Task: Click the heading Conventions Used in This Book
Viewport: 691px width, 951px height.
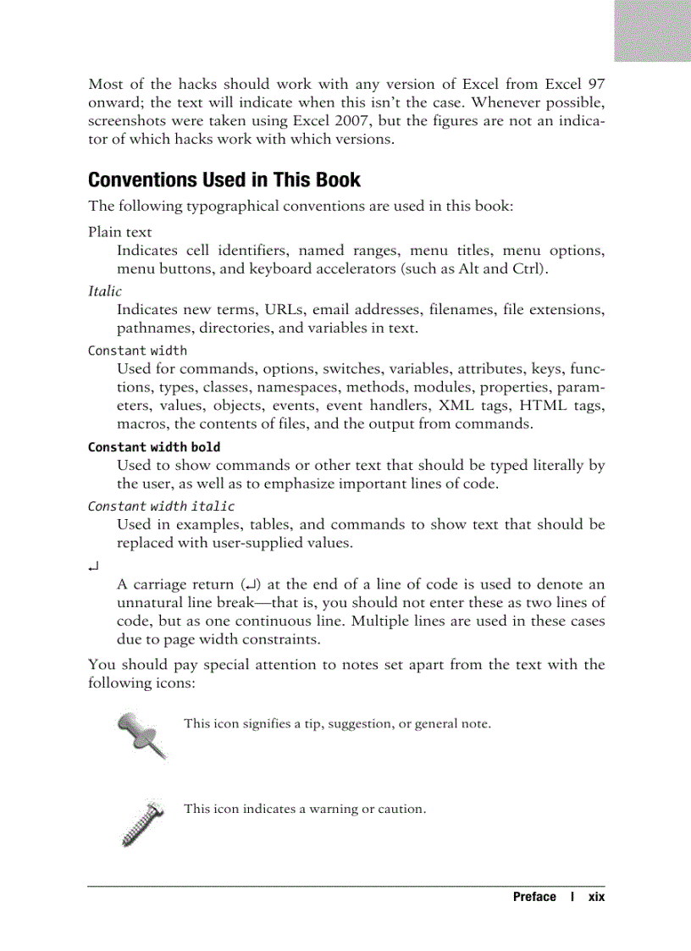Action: [224, 180]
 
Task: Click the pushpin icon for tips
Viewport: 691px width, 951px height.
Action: [141, 733]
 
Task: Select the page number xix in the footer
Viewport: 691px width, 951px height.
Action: [596, 897]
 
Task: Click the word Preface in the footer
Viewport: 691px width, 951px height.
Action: [534, 897]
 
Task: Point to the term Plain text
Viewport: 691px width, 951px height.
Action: [119, 232]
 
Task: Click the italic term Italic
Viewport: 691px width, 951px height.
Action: [104, 291]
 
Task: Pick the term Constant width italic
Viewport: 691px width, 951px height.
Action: [161, 506]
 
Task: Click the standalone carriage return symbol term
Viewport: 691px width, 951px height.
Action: [93, 565]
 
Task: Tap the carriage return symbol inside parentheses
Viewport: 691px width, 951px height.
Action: [251, 584]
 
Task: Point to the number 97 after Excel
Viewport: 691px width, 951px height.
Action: [595, 84]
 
